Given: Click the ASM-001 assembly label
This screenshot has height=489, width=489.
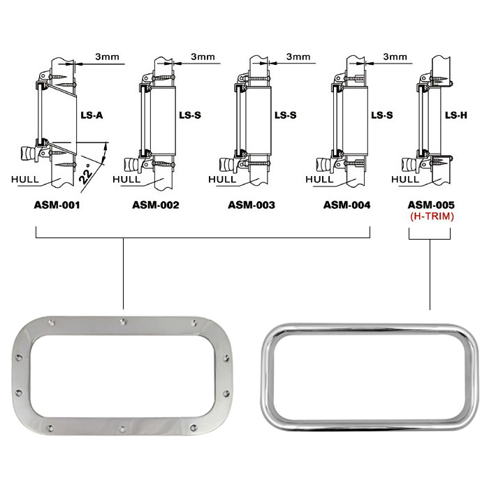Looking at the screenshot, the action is [x=57, y=205].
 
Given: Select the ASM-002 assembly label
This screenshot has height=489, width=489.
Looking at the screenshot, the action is [x=156, y=205].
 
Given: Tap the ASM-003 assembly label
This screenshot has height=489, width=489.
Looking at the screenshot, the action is [x=251, y=205].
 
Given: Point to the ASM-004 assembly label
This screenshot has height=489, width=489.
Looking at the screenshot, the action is [x=346, y=205].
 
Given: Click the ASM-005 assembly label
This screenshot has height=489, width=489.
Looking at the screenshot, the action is [x=431, y=205].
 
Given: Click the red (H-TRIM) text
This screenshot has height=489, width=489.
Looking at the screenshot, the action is [x=432, y=216].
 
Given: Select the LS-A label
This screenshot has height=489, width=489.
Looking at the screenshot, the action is [x=92, y=115].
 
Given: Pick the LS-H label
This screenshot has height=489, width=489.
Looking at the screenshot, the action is [x=456, y=115].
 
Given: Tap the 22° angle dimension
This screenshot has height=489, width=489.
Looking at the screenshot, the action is [x=85, y=174].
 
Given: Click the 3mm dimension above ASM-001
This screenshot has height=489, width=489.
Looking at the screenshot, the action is [x=107, y=57].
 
